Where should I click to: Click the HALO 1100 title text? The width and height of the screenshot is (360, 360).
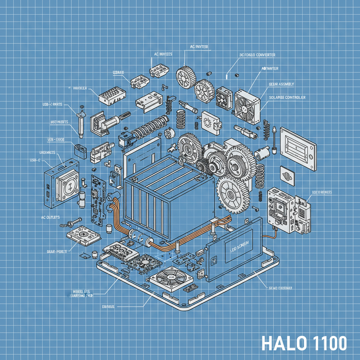(304, 343)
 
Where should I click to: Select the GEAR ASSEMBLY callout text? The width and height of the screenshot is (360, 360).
(281, 84)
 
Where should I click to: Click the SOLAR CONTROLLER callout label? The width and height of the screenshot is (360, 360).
(287, 97)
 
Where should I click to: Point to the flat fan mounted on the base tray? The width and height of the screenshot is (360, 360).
(172, 276)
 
